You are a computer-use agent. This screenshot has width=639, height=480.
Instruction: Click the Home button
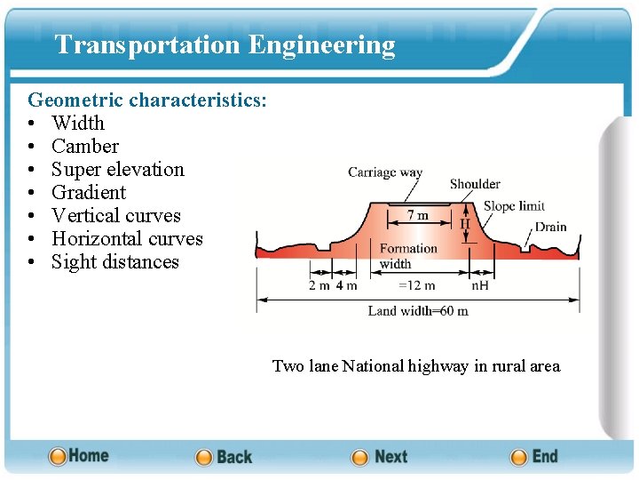pyautogui.click(x=79, y=456)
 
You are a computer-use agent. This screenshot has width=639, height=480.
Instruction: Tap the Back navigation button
pyautogui.click(x=224, y=457)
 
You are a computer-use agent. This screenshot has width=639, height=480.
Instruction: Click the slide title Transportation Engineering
pyautogui.click(x=225, y=44)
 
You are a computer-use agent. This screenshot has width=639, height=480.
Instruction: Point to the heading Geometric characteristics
pyautogui.click(x=147, y=100)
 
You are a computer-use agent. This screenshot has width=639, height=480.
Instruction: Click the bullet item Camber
pyautogui.click(x=85, y=146)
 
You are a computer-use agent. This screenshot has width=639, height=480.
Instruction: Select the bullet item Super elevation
pyautogui.click(x=117, y=169)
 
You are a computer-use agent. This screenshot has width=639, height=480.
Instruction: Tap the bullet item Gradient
pyautogui.click(x=89, y=192)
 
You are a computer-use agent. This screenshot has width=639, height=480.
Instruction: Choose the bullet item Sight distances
pyautogui.click(x=115, y=261)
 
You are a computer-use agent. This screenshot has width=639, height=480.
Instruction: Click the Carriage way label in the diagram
pyautogui.click(x=385, y=172)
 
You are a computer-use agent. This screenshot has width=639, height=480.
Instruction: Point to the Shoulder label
pyautogui.click(x=475, y=184)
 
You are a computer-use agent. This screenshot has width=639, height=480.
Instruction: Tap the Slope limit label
pyautogui.click(x=514, y=206)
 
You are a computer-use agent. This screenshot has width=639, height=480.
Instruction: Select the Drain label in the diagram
pyautogui.click(x=550, y=227)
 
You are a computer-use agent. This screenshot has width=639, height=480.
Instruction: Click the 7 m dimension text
pyautogui.click(x=417, y=215)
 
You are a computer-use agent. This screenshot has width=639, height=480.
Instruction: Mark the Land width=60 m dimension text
pyautogui.click(x=418, y=311)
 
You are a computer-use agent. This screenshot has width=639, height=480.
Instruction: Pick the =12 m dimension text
pyautogui.click(x=416, y=285)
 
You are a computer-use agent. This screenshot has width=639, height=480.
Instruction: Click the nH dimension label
pyautogui.click(x=480, y=285)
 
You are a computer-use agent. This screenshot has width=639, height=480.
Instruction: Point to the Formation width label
pyautogui.click(x=408, y=256)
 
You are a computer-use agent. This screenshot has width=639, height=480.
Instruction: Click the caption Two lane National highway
pyautogui.click(x=416, y=366)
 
